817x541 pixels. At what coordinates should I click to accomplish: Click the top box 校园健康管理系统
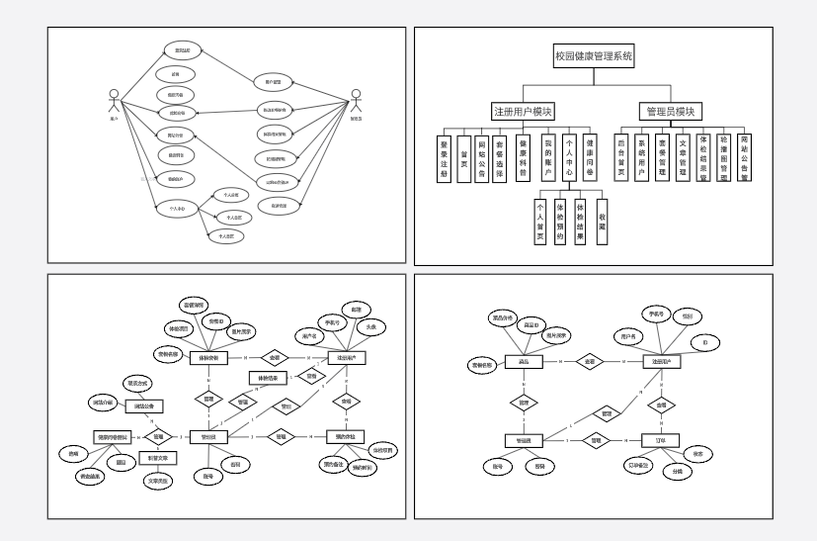point(594,56)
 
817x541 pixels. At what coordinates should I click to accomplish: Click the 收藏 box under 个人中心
point(602,225)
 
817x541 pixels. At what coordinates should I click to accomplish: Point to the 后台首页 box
point(621,156)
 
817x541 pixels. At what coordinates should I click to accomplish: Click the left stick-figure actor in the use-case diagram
point(114,101)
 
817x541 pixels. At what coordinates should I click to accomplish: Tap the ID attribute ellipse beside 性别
point(705,342)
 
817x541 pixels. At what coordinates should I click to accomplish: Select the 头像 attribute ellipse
point(371,326)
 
